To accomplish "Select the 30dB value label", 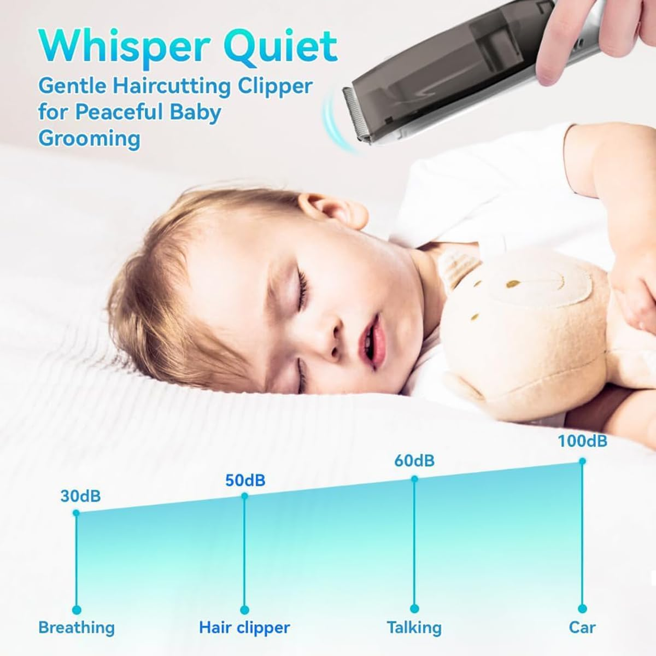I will click(x=80, y=496).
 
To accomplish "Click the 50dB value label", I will click(x=245, y=481).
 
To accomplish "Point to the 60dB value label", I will click(x=414, y=461).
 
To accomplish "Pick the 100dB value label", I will click(x=582, y=441).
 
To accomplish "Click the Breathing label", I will click(x=77, y=628).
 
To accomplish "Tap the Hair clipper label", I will click(x=244, y=628).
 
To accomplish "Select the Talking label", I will click(x=414, y=628).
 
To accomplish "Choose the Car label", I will click(x=582, y=628).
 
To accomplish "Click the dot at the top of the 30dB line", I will click(x=76, y=513).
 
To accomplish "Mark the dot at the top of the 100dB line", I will click(x=582, y=461).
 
